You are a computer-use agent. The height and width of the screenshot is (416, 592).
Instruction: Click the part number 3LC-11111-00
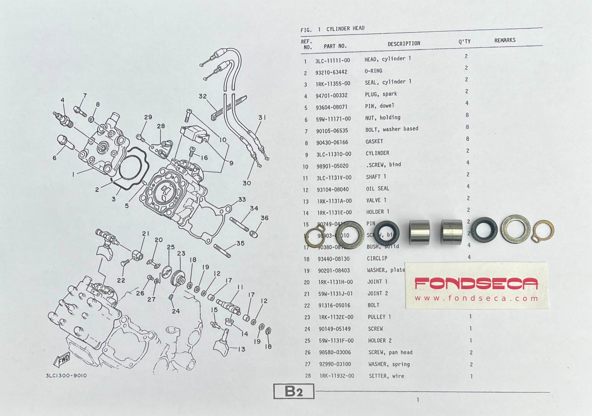click(x=332, y=60)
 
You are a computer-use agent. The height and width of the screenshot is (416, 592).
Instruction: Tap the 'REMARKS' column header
click(x=505, y=40)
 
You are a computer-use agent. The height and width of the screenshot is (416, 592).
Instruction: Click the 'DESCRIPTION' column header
click(x=404, y=44)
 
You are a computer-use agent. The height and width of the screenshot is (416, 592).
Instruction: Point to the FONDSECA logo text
click(x=476, y=283)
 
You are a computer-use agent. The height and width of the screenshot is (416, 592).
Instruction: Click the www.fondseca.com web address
click(x=476, y=299)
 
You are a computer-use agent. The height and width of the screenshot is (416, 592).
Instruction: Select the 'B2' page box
click(x=294, y=391)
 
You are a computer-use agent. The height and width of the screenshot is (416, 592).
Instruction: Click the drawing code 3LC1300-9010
click(x=66, y=376)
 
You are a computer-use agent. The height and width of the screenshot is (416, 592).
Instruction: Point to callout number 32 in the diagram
click(x=203, y=96)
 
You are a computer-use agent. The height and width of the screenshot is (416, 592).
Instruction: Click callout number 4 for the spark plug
click(x=62, y=100)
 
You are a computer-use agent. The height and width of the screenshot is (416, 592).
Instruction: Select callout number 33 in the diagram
click(x=242, y=199)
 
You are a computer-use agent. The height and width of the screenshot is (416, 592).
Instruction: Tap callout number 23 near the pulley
click(x=181, y=253)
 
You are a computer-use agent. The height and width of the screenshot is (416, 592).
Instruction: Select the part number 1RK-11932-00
click(x=337, y=376)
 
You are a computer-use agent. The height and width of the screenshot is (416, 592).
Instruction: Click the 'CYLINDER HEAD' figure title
click(x=345, y=29)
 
